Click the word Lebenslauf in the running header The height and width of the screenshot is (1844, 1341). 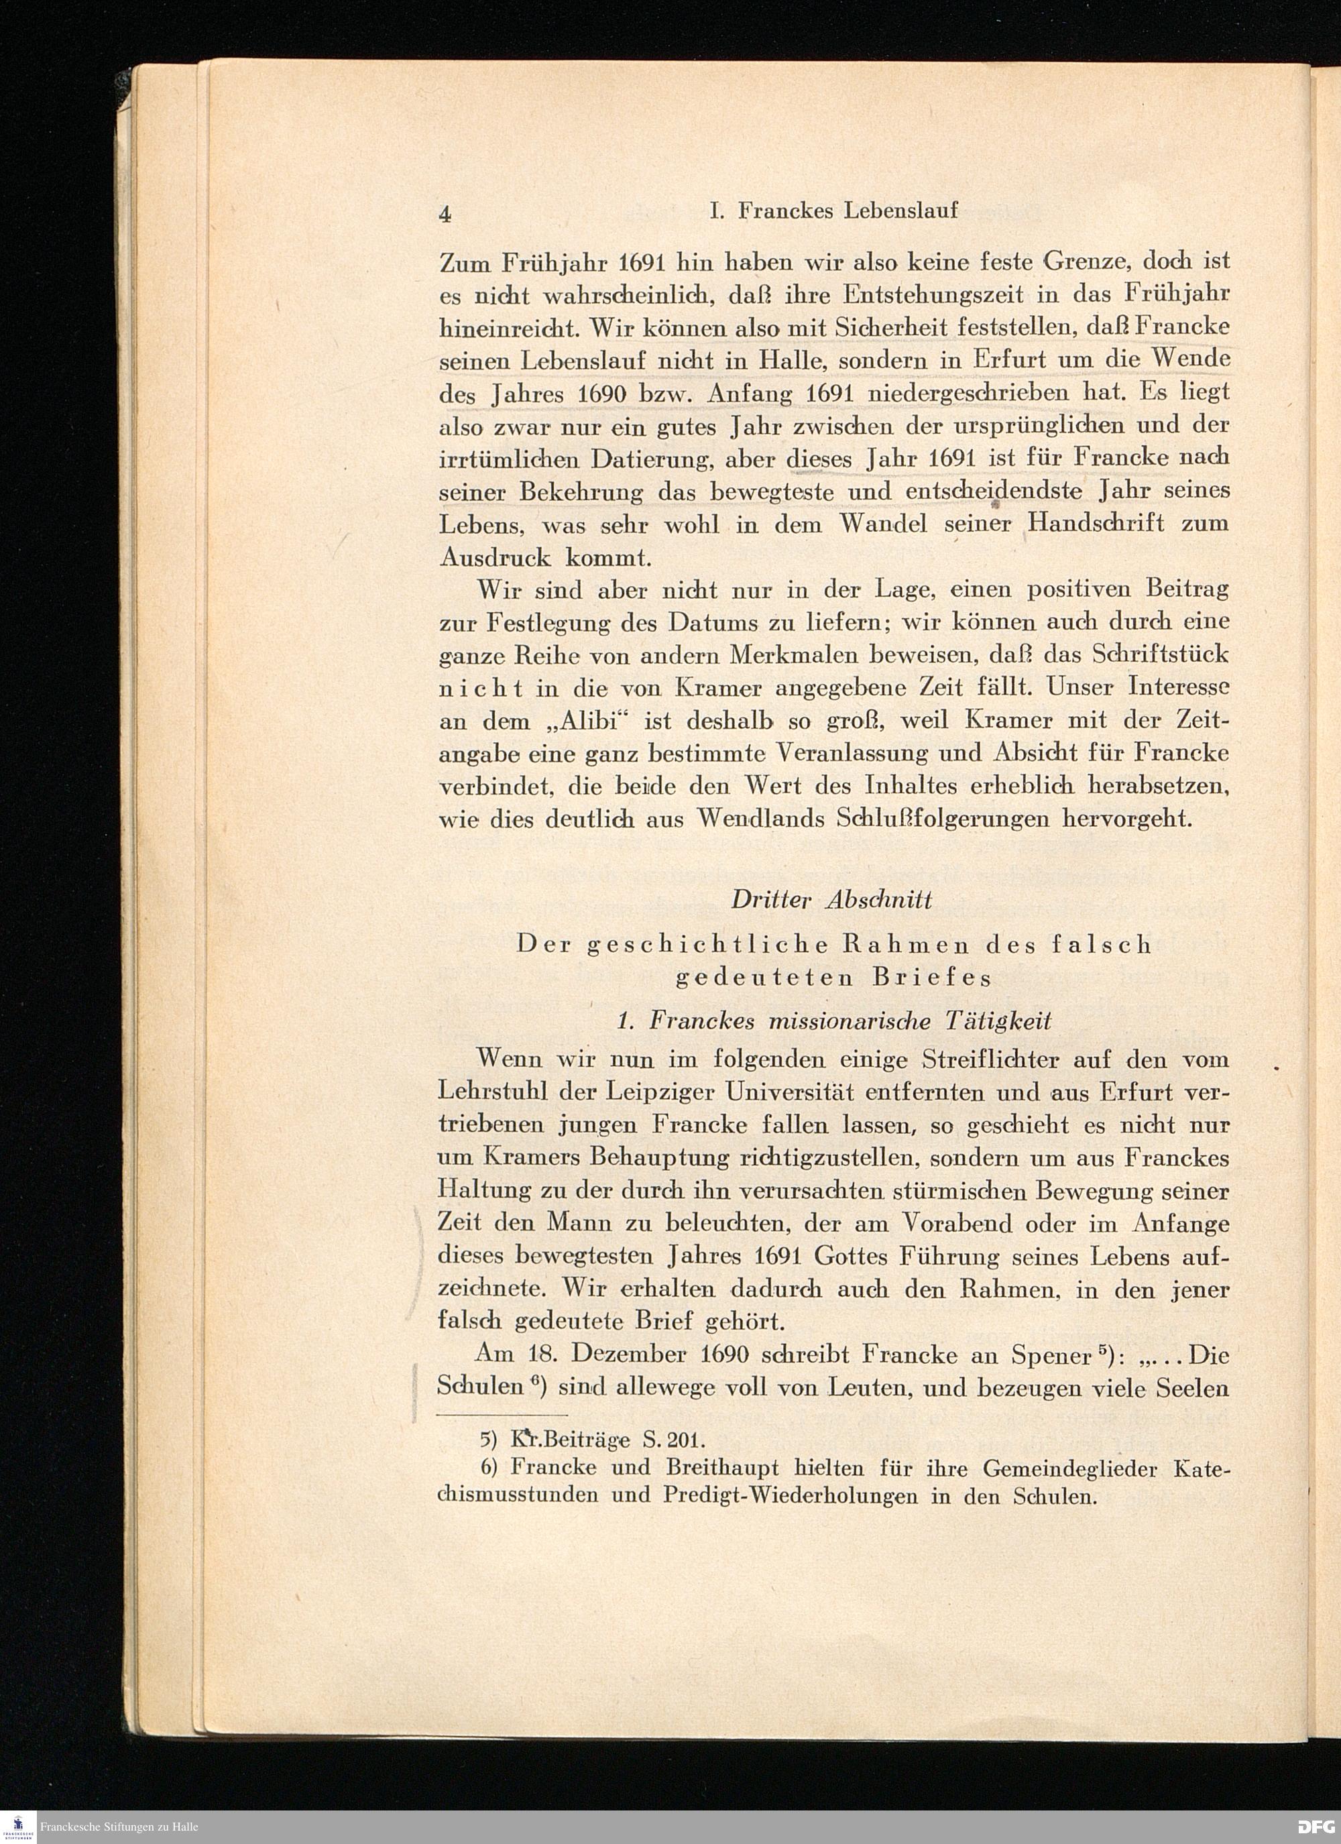pos(901,211)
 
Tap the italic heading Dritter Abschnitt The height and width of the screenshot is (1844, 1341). pos(832,900)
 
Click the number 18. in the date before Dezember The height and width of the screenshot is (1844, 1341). pos(542,1355)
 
